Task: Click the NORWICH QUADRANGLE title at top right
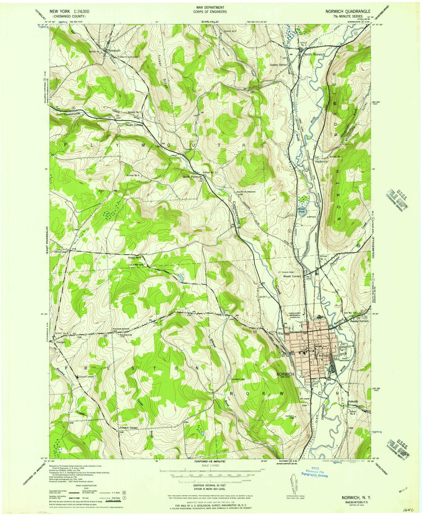347,12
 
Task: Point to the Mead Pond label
301,209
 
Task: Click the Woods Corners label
292,276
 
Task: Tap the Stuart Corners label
134,125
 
